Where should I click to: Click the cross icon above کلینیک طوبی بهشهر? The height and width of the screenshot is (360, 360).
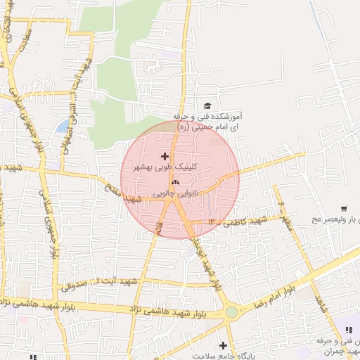click(x=165, y=156)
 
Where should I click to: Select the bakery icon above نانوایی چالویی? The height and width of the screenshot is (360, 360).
click(x=175, y=182)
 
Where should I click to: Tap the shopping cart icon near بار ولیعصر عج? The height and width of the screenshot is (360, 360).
click(x=344, y=208)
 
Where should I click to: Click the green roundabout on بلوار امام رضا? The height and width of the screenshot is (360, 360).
click(x=231, y=311)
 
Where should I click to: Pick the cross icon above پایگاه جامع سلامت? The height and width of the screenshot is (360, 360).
click(x=224, y=345)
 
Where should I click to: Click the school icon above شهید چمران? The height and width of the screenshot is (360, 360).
click(x=347, y=329)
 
